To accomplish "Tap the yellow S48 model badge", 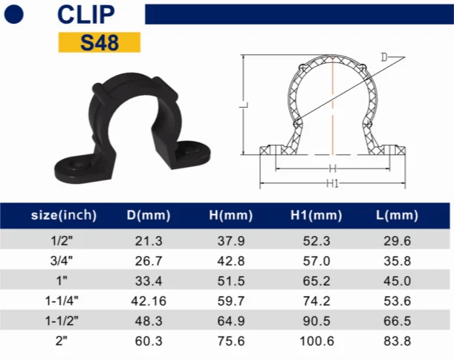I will pos(99,42).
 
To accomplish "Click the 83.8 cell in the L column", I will pos(395,341).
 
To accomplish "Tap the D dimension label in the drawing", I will pos(384,57).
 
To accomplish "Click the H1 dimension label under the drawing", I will pos(332,183).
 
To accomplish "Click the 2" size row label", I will pos(64,341).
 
